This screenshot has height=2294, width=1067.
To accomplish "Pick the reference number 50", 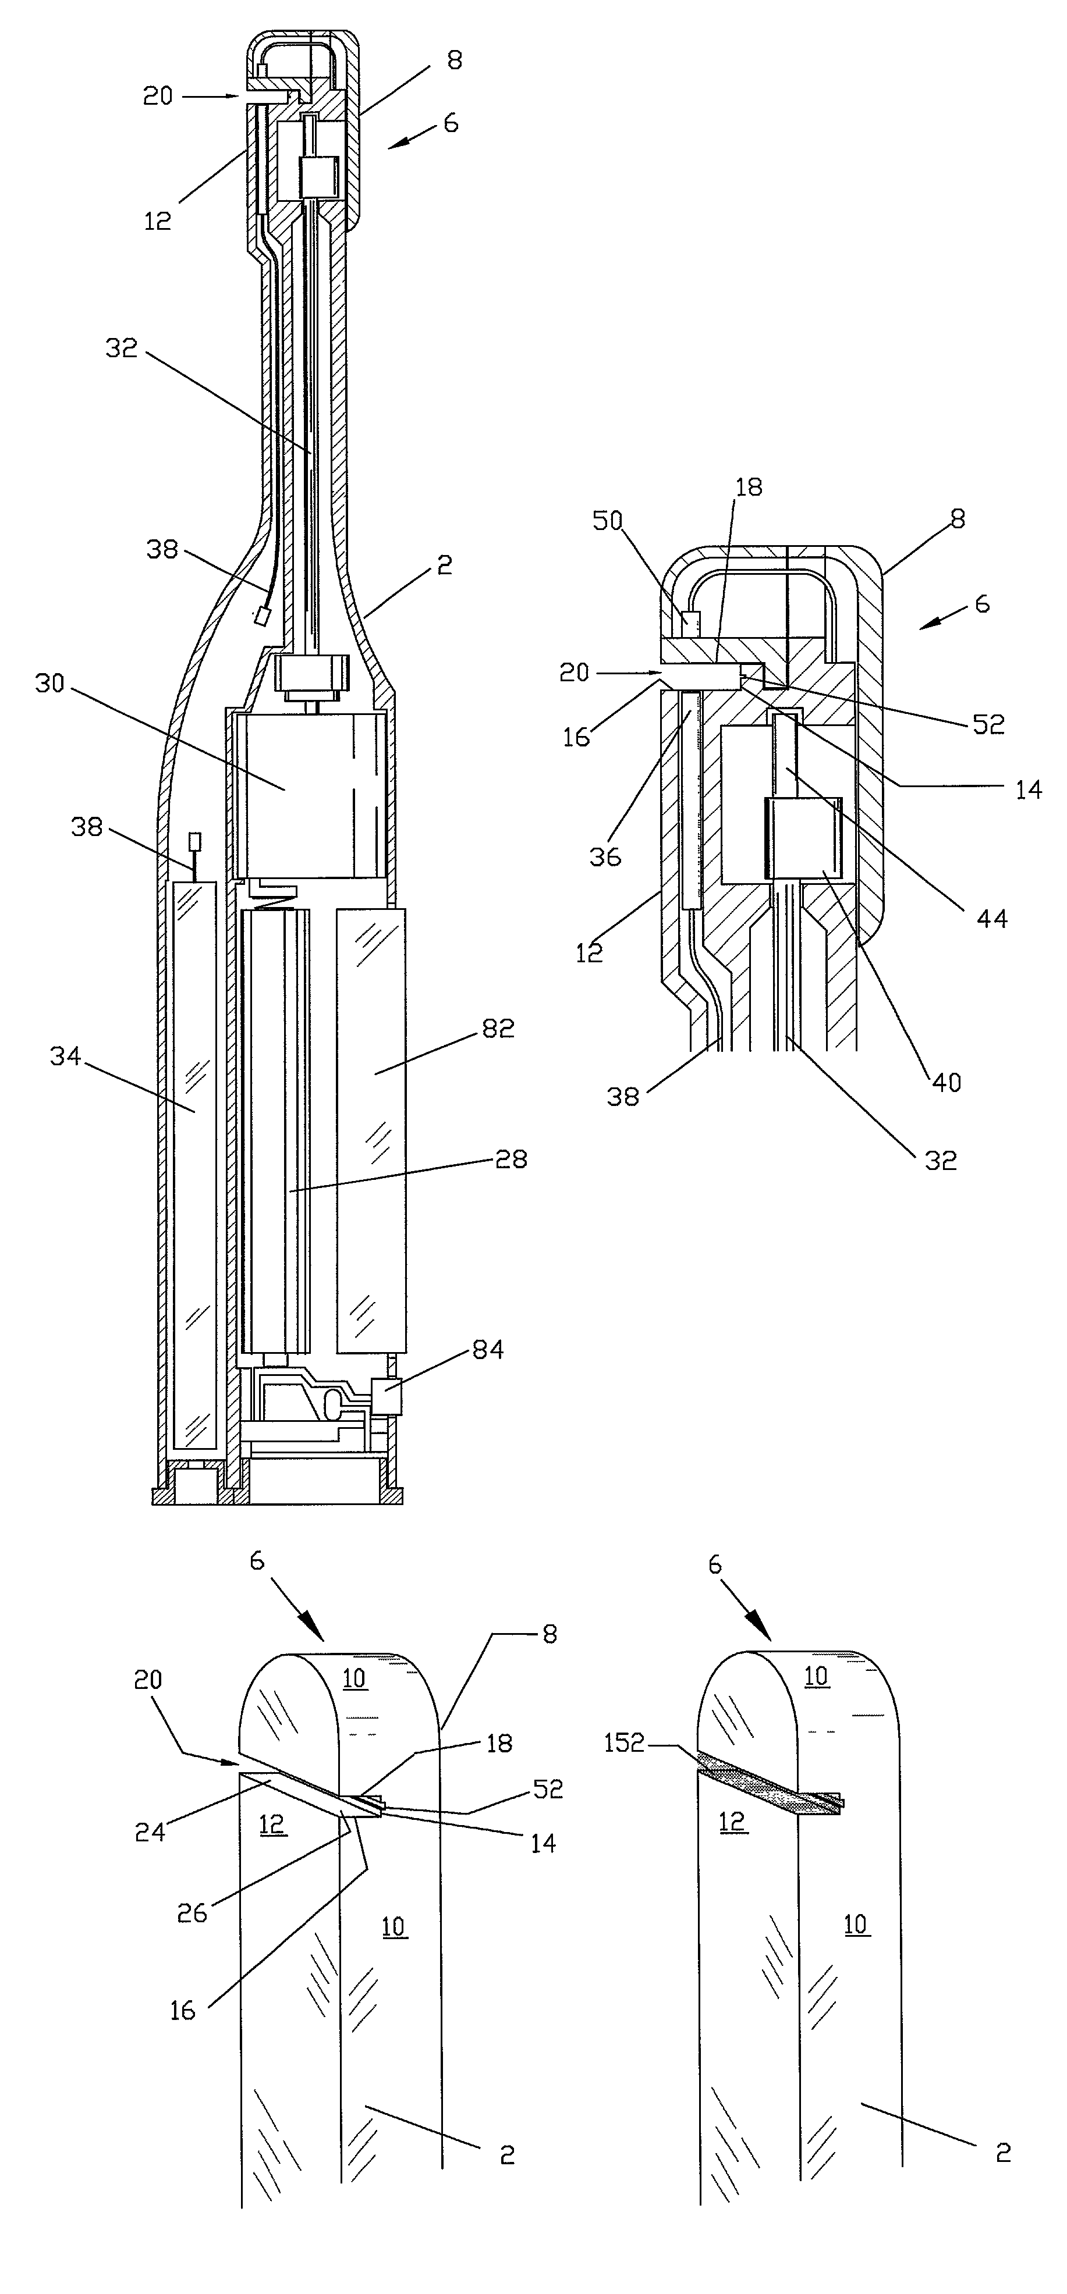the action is coord(608,521).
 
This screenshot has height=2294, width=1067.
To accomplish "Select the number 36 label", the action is coord(605,857).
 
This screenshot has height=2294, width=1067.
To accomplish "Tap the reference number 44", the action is coord(991,918).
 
